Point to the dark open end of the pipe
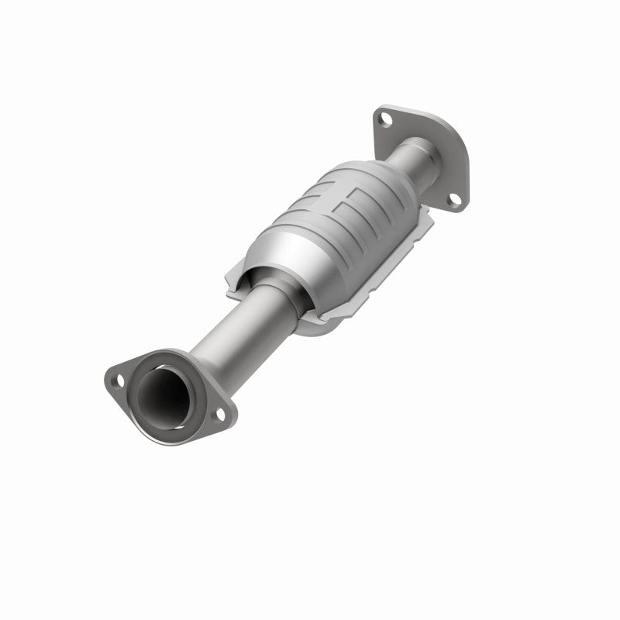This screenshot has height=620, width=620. tap(163, 391)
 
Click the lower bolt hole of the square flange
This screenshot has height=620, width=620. tap(455, 200)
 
